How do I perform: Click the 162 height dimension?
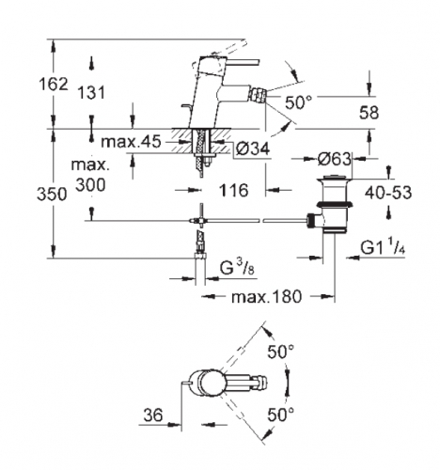(54, 85)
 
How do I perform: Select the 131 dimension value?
(91, 93)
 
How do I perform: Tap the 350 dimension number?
(52, 195)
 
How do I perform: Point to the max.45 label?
(131, 142)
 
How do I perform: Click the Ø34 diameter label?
(253, 149)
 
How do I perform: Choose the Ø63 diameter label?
(334, 159)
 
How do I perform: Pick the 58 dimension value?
(369, 112)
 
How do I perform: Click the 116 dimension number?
(233, 190)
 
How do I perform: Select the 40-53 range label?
(388, 192)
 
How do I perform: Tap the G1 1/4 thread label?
(383, 248)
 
